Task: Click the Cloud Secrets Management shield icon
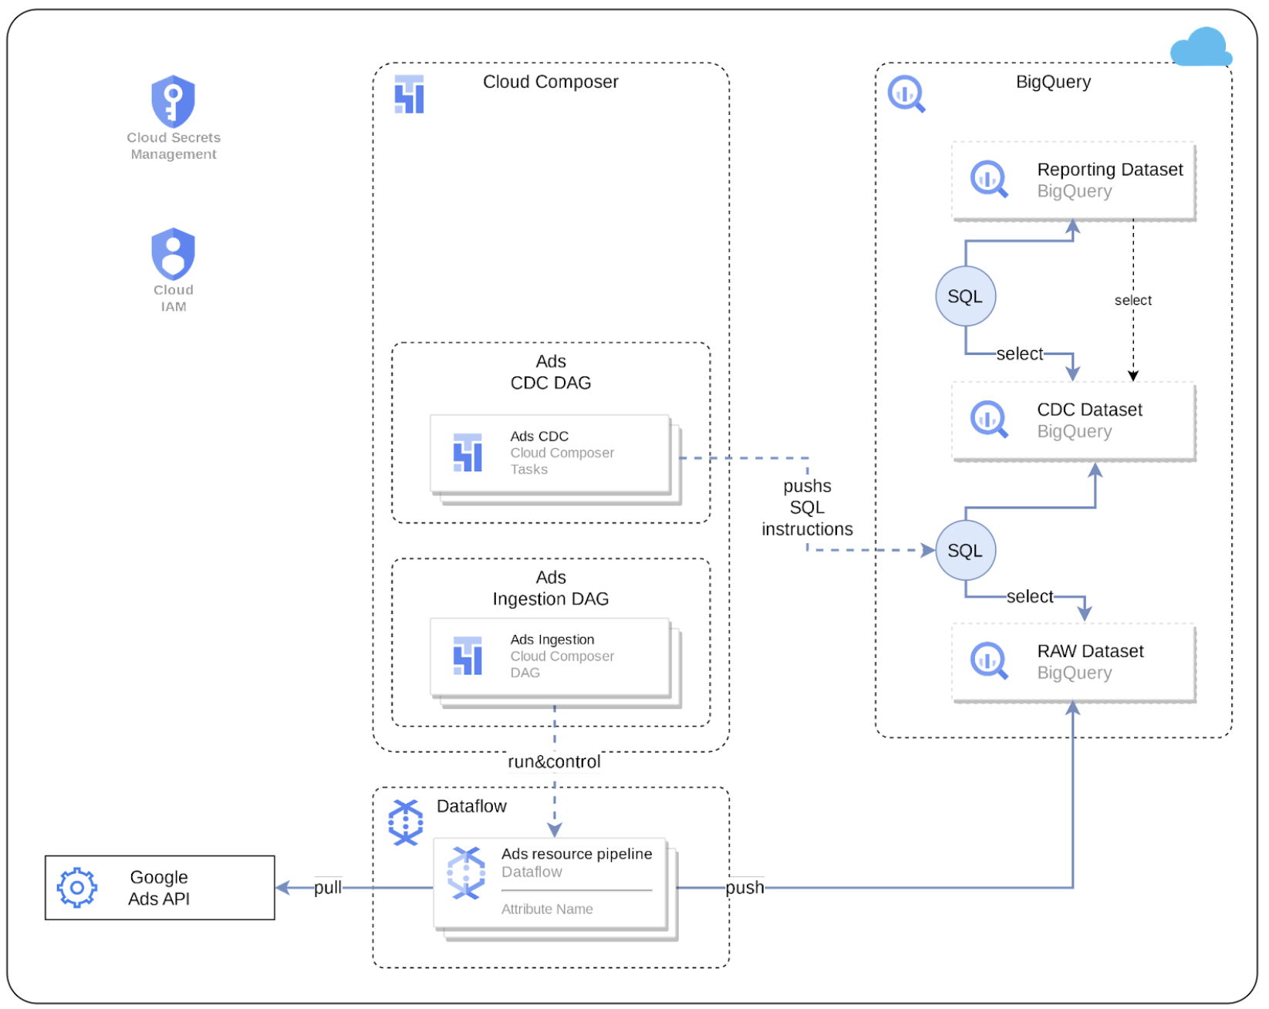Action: point(173,101)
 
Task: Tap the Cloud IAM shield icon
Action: point(173,254)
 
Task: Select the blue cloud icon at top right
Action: point(1200,48)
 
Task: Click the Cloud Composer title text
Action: point(550,82)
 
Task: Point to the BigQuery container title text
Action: point(1052,82)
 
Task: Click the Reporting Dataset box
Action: point(1073,181)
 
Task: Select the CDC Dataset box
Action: point(1073,421)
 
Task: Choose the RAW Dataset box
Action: point(1073,663)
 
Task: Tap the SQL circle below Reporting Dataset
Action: point(965,296)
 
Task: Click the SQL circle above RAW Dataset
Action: point(965,551)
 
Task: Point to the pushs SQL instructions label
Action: point(807,508)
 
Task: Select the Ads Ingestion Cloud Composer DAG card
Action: point(550,656)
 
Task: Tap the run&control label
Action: point(553,762)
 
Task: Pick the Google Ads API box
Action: point(160,888)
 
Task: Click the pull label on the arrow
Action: point(327,888)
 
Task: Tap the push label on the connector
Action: point(744,888)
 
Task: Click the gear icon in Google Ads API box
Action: point(77,888)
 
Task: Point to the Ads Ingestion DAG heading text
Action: point(550,589)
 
